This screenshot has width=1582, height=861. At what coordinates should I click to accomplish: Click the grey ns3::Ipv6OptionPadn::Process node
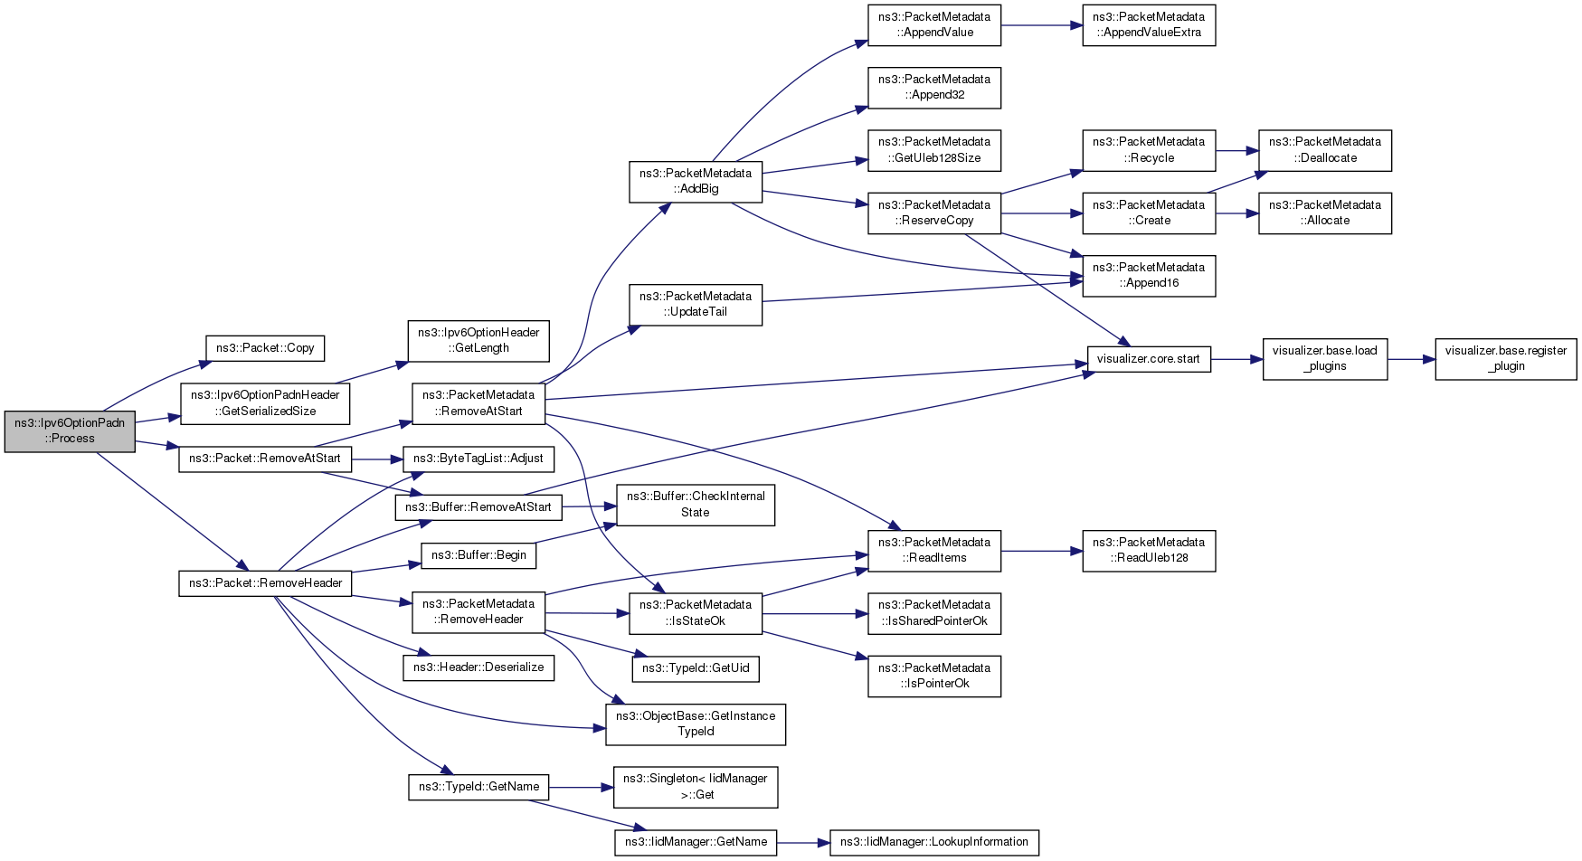coord(70,431)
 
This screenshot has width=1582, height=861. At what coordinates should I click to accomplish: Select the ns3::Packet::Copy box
coord(265,348)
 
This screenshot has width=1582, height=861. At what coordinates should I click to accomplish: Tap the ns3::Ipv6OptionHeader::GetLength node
coord(478,341)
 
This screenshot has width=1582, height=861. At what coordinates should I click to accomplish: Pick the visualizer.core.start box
coord(1149,359)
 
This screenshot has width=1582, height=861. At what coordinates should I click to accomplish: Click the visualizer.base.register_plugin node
coord(1506,359)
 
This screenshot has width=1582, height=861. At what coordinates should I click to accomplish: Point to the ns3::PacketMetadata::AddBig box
coord(696,182)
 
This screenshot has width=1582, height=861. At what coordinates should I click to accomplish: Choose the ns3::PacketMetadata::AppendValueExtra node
coord(1149,25)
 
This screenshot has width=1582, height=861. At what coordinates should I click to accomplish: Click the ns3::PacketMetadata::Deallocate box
coord(1325,150)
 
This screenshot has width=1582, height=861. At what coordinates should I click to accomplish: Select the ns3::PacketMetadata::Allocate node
coord(1325,213)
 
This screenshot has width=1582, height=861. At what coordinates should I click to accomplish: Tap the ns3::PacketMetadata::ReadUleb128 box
coord(1149,551)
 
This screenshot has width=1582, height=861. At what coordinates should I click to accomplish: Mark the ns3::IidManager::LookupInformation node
coord(934,842)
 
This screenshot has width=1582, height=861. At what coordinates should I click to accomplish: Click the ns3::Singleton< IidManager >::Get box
coord(696,787)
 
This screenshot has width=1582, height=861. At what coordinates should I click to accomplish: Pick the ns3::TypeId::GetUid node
coord(696,668)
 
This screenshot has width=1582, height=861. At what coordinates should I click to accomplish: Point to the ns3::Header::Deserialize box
coord(478,668)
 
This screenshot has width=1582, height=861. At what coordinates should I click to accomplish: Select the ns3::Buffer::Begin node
coord(478,555)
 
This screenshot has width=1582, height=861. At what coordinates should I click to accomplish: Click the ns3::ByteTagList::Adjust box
coord(478,459)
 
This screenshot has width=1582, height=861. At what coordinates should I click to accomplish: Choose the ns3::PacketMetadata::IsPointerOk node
coord(934,676)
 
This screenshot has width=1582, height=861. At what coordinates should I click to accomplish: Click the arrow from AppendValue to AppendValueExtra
coord(1041,25)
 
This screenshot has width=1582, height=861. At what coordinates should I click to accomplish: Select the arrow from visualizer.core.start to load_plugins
coord(1236,359)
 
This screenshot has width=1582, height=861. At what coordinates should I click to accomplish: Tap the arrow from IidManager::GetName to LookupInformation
coord(803,842)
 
